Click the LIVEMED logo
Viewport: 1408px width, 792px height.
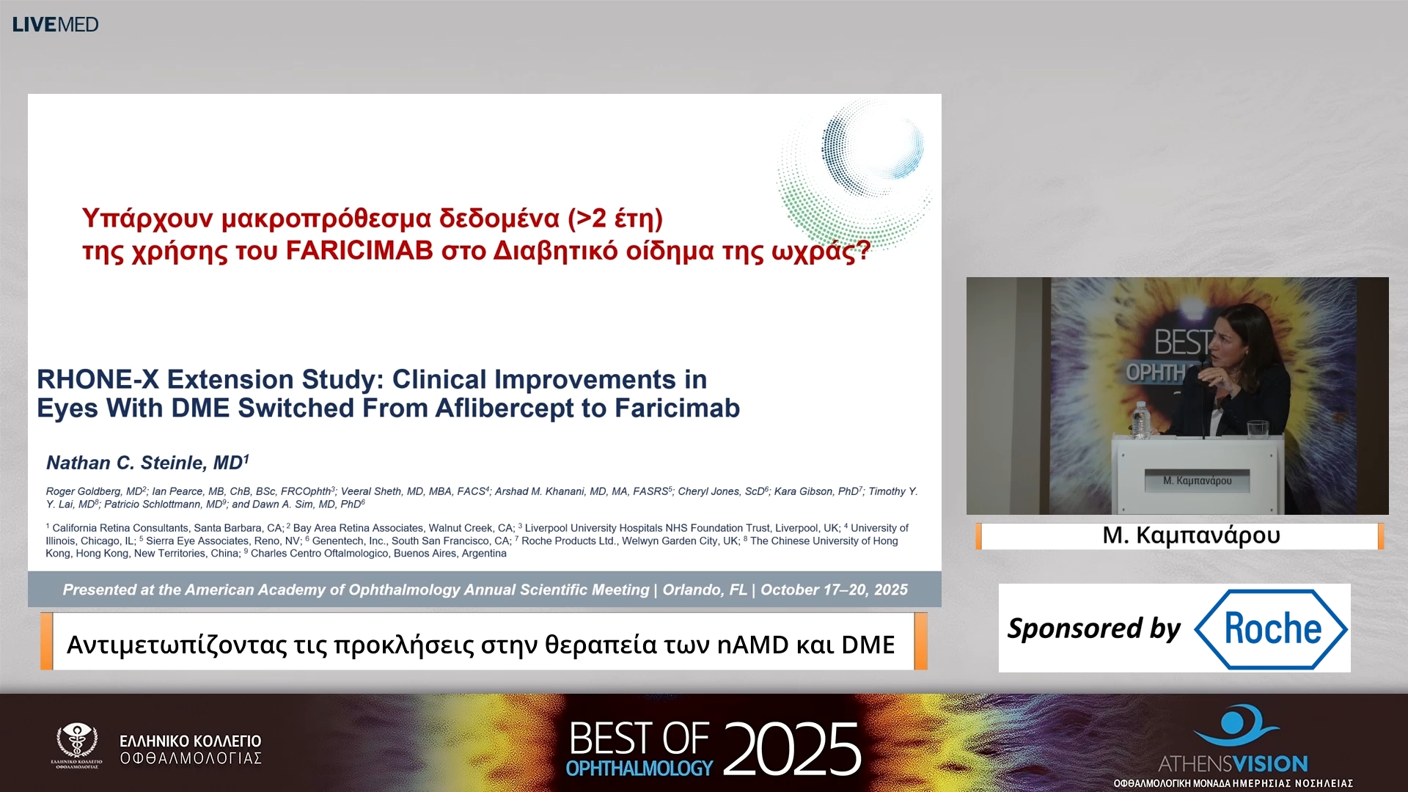[56, 24]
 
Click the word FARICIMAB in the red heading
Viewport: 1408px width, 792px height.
[359, 251]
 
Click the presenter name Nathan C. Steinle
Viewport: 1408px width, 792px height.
[144, 463]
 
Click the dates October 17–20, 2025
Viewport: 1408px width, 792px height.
[834, 590]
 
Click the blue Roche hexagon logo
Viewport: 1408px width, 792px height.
[1272, 628]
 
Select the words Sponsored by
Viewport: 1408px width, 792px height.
[1093, 628]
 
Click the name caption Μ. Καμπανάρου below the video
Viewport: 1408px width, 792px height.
[1191, 535]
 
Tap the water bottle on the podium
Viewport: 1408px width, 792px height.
[1140, 420]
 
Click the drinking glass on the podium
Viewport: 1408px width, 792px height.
[1257, 429]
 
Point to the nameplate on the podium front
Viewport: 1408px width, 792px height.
[1197, 480]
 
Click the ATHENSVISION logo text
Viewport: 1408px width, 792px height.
[1233, 763]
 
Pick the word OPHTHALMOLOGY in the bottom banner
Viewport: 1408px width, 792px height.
[639, 768]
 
